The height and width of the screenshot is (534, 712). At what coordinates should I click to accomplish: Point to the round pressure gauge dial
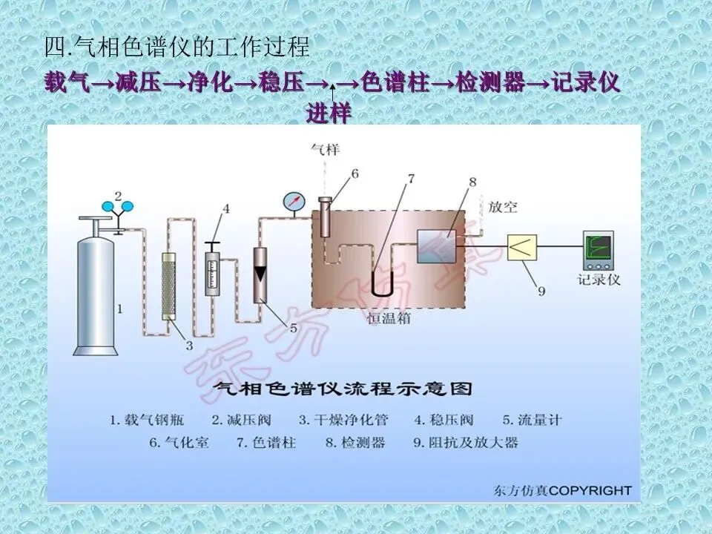point(294,202)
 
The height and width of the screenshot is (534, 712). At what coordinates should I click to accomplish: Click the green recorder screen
point(599,248)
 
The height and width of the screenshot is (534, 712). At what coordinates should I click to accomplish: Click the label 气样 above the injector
point(325,150)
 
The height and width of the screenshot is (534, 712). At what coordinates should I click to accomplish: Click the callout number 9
point(541,291)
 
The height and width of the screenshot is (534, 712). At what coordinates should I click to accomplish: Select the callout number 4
point(225,209)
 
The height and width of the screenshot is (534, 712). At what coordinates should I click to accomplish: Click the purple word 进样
point(329,113)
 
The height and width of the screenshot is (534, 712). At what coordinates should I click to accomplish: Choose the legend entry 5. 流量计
point(532,420)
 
